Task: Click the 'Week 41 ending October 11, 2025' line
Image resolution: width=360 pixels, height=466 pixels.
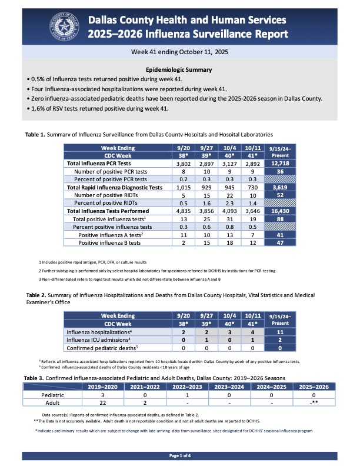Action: [179, 52]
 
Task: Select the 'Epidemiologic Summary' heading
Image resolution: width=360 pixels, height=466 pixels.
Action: [179, 69]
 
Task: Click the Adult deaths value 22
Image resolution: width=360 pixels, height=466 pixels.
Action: [102, 404]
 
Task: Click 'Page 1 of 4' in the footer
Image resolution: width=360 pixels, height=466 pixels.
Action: [179, 456]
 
